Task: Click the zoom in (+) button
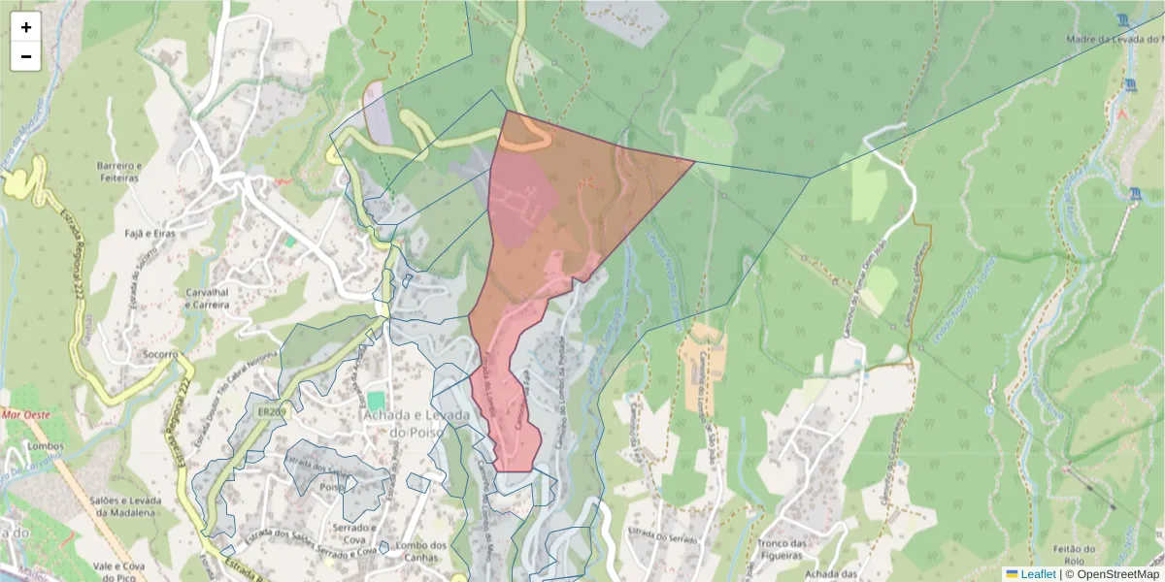click(x=25, y=27)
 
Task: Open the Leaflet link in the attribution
click(x=1038, y=574)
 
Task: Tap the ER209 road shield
click(x=272, y=411)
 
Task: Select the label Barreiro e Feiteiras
click(x=118, y=172)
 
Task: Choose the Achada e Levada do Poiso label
click(x=416, y=423)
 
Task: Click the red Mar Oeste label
click(x=25, y=414)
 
